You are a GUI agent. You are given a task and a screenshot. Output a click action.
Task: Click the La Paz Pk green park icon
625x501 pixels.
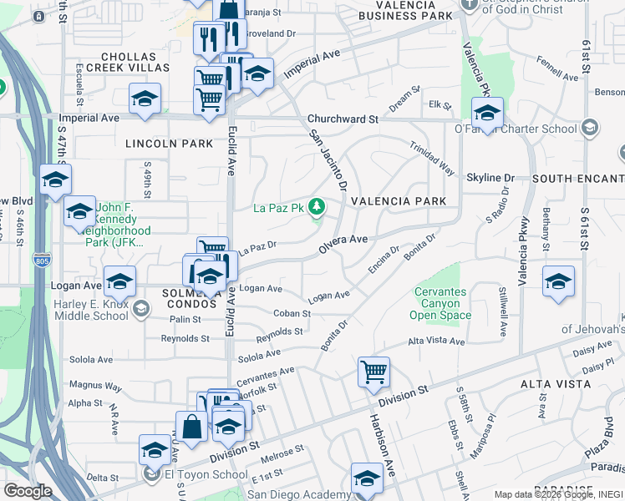pos(317,206)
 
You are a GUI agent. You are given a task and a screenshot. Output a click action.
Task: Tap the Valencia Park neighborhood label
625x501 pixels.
pos(399,201)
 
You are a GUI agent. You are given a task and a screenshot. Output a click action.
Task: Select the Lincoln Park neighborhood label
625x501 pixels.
pos(170,144)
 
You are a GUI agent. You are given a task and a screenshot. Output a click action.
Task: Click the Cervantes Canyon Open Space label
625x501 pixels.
pos(440,303)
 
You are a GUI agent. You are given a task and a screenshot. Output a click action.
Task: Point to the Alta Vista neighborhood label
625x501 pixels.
pos(556,383)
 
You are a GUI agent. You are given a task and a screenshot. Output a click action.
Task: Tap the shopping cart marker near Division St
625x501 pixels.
pos(373,372)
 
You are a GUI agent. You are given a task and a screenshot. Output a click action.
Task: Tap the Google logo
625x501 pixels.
pos(28,491)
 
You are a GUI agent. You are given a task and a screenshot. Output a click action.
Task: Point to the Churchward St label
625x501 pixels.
pos(343,119)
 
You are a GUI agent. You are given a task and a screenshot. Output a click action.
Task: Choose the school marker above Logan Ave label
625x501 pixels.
pos(119,281)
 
